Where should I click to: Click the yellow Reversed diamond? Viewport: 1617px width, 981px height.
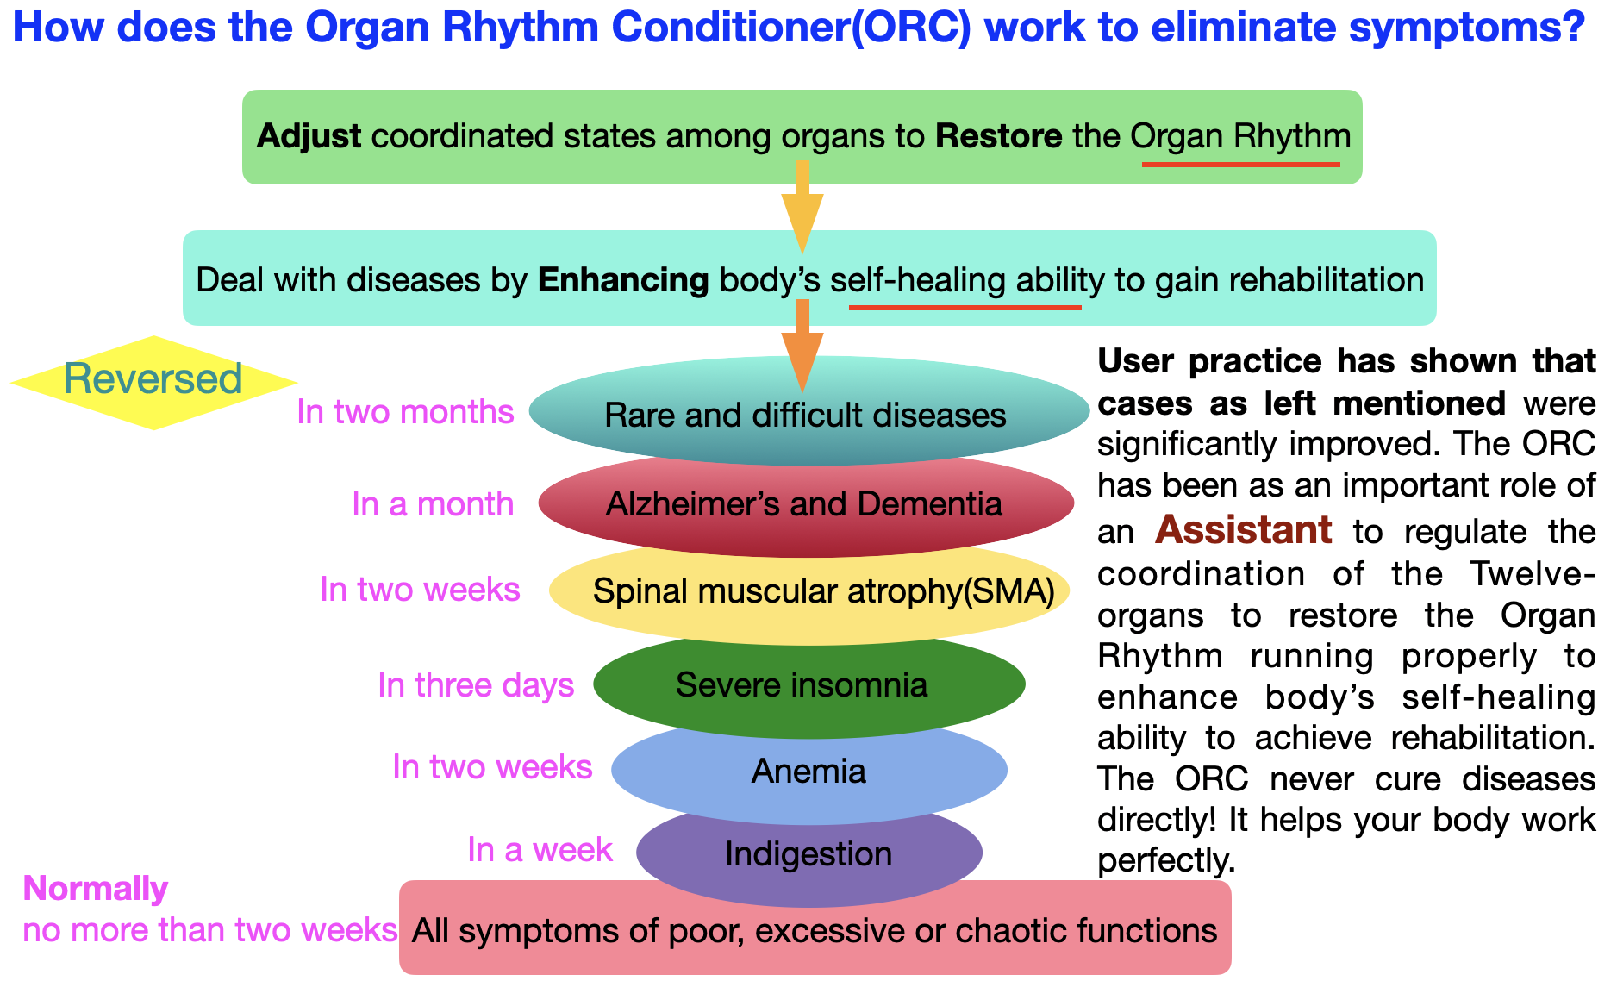(x=153, y=381)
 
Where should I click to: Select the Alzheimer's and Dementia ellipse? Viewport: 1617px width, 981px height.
(x=805, y=504)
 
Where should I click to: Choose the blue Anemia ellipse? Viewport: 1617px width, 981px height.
(x=808, y=772)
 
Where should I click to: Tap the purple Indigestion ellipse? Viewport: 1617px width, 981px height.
(x=808, y=854)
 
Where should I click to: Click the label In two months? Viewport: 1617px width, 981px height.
(x=405, y=412)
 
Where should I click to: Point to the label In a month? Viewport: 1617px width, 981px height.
(x=433, y=504)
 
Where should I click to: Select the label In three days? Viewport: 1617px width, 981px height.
(x=476, y=685)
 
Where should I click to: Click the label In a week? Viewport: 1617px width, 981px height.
(x=540, y=850)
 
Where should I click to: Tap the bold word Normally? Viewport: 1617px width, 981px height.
(x=96, y=889)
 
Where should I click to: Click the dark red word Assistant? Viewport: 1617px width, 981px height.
(x=1243, y=530)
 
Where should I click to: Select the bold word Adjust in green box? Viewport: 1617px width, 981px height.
(x=309, y=136)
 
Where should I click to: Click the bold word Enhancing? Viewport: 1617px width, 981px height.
(x=623, y=280)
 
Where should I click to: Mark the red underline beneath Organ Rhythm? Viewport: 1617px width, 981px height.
(x=1240, y=164)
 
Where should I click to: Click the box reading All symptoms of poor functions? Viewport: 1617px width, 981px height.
(x=815, y=930)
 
